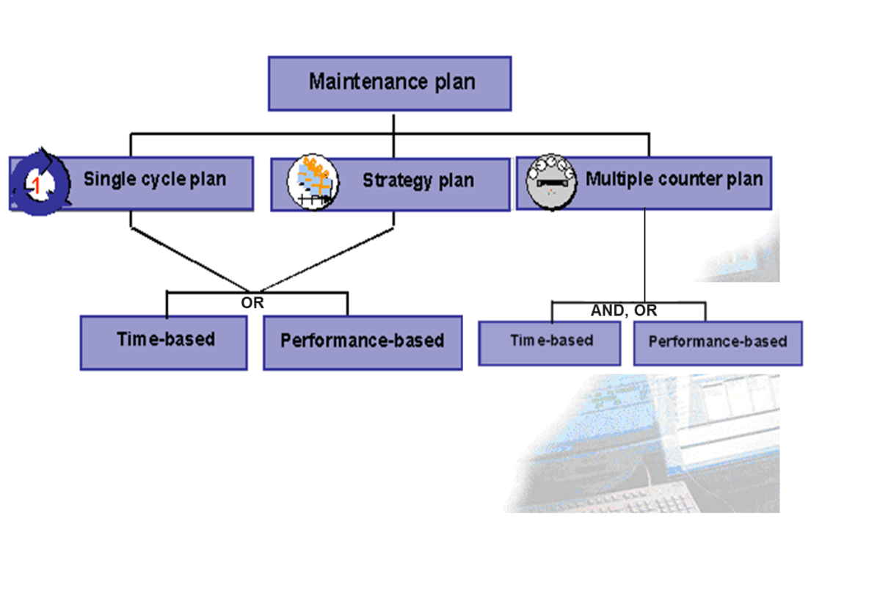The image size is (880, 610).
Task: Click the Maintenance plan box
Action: tap(389, 83)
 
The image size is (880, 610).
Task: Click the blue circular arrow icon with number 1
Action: tap(41, 183)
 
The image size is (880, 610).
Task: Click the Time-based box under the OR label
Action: tap(164, 342)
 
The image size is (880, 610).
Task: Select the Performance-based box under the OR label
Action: tap(363, 342)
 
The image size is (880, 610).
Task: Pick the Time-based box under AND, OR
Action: tap(550, 343)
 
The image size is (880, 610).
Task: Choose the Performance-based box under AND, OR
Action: tap(717, 343)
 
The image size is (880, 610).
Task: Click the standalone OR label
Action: tap(252, 302)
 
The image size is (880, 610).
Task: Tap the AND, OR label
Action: tap(624, 311)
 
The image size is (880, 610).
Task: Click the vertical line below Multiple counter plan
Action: tap(644, 250)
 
